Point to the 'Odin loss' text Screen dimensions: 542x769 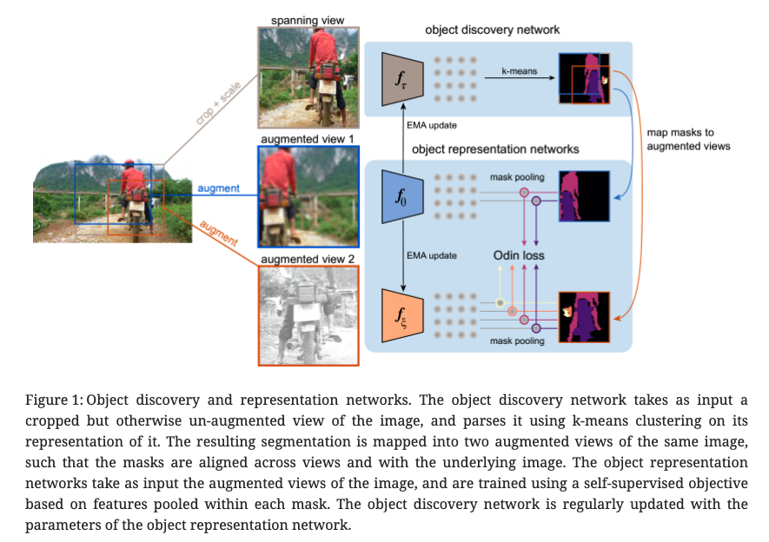coord(519,256)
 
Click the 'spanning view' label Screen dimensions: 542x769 coord(308,19)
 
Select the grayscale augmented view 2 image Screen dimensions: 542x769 coord(308,314)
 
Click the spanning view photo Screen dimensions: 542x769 coord(308,77)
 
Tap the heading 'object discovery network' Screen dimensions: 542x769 coord(492,30)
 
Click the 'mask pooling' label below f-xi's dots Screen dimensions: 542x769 coord(518,341)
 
